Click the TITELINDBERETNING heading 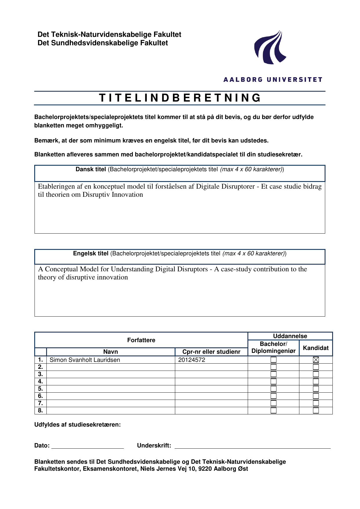[180, 98]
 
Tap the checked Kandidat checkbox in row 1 [316, 360]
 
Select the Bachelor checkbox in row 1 [274, 360]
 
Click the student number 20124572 [192, 360]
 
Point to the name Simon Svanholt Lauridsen [85, 360]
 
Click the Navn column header [111, 352]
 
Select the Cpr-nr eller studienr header [211, 352]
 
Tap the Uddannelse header [290, 336]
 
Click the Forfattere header [141, 340]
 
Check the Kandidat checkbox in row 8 [316, 411]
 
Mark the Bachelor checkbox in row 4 [274, 382]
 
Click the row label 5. [40, 389]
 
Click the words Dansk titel [91, 169]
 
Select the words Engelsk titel [91, 254]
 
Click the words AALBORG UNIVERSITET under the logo [273, 80]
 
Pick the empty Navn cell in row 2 [111, 367]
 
